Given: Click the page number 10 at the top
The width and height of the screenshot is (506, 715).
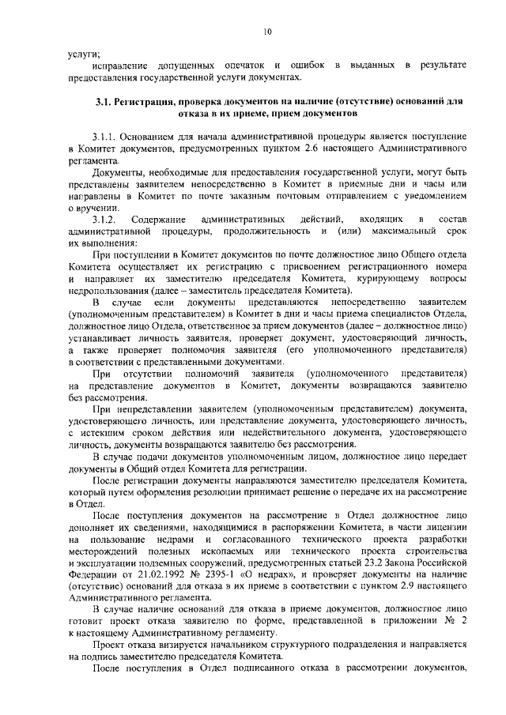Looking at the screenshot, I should (268, 32).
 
